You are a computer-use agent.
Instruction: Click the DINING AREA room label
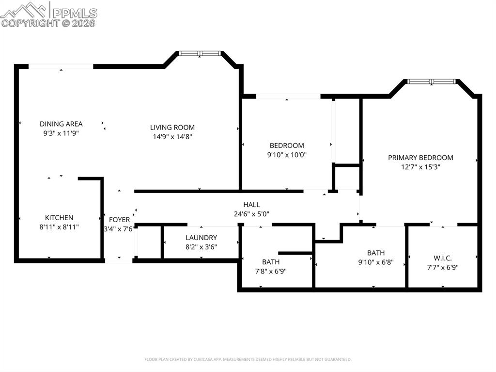tap(61, 124)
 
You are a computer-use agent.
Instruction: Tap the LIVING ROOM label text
tap(172, 128)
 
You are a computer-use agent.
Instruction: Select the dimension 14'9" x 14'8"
tap(172, 137)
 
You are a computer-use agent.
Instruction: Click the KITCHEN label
tap(59, 218)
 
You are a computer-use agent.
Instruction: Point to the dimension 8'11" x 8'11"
tap(59, 226)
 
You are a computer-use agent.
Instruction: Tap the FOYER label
tap(119, 220)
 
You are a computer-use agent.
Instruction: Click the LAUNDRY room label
tap(201, 238)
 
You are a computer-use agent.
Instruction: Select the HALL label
tap(251, 205)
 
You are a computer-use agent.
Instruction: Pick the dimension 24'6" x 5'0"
tap(251, 213)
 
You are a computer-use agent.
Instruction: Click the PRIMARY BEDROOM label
tap(420, 158)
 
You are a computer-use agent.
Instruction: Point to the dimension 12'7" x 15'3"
tap(420, 166)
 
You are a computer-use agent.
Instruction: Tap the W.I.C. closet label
tap(443, 258)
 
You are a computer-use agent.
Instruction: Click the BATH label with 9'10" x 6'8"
tap(376, 253)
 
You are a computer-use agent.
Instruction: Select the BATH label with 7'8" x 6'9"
tap(271, 262)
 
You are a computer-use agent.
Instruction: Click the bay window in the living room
tap(200, 53)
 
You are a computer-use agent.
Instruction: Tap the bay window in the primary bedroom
tap(431, 81)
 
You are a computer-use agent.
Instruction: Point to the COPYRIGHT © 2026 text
tap(48, 23)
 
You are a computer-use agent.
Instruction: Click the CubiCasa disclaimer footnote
tap(248, 359)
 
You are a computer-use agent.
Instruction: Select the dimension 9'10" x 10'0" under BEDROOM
tap(287, 155)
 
